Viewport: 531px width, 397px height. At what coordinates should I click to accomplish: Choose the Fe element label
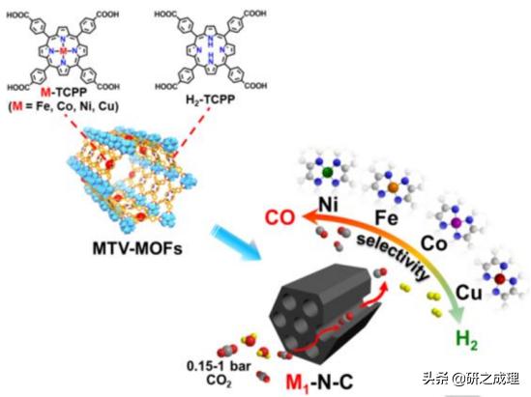384,219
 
